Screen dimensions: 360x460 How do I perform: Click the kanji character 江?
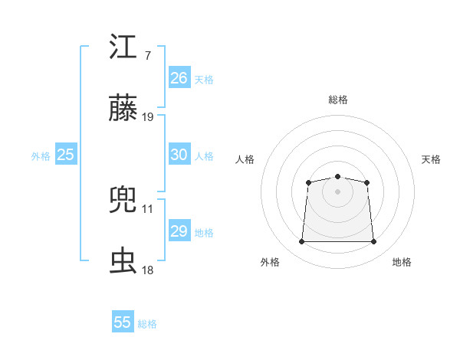pos(123,47)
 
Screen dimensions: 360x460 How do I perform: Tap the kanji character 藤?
pos(123,110)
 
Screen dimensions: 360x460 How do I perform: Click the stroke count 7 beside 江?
pos(147,56)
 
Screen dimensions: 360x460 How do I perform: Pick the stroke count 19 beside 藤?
pos(148,118)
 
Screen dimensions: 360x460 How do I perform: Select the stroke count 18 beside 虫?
pos(148,270)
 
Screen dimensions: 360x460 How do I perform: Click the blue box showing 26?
pos(179,78)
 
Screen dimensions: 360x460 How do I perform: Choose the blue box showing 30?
pos(179,155)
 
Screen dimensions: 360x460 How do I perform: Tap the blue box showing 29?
pos(179,231)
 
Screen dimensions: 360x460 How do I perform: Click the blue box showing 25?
pos(66,155)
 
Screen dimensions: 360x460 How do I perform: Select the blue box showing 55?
pos(123,322)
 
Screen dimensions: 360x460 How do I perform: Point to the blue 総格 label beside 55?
pos(147,324)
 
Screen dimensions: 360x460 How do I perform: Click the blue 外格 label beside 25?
pos(41,156)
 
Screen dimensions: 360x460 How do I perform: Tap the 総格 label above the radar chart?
pos(338,100)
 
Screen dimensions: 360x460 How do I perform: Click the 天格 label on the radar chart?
pos(432,159)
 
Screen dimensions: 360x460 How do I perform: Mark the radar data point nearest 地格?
pos(374,242)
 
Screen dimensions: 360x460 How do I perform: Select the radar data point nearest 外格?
pos(301,242)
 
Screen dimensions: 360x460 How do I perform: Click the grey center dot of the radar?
pos(338,191)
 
